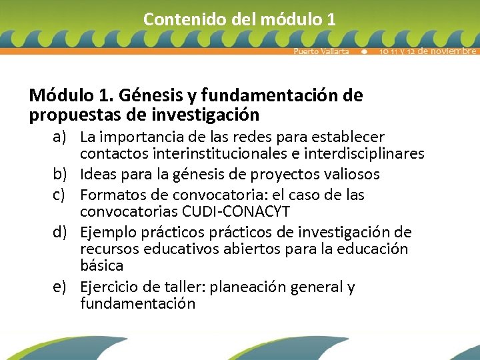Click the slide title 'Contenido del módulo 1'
239,19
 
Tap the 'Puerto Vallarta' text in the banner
321,51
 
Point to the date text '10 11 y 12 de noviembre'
427,51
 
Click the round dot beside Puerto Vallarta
365,51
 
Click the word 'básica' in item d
101,266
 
